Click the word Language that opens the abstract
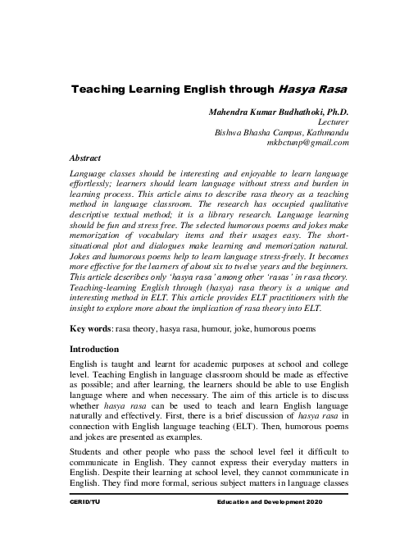point(92,175)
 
